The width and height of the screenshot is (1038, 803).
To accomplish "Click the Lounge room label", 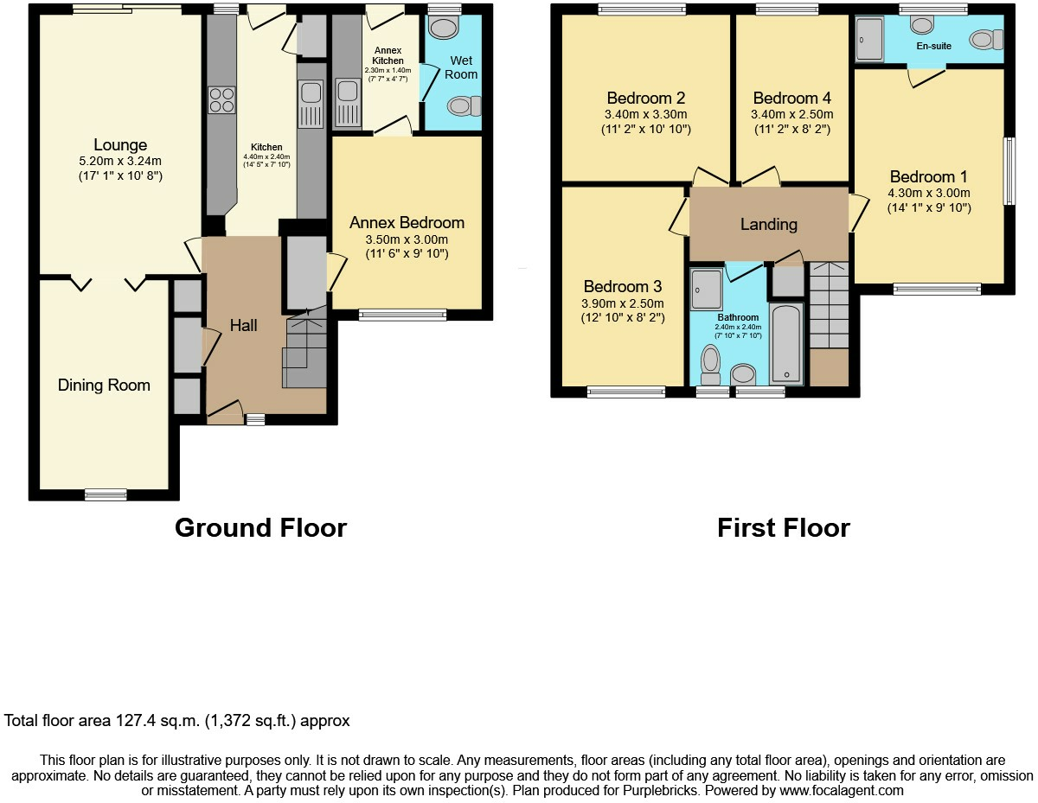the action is point(120,144).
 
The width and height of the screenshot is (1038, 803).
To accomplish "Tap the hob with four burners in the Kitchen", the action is point(221,100).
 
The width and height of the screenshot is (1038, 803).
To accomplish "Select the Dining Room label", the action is point(104,385).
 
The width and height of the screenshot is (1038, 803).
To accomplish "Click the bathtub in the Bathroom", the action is point(785,344).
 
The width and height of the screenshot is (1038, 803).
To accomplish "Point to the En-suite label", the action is point(934,46).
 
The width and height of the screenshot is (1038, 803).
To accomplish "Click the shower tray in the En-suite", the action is point(869,39).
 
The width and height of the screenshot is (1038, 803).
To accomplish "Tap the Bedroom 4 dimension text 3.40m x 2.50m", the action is point(792,114).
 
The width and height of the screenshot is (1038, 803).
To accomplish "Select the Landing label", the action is point(769,224).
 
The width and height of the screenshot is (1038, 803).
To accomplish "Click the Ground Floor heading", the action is point(261,528).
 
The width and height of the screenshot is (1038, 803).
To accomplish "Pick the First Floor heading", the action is point(784,528).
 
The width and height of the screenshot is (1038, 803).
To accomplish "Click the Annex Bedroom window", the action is point(403,315).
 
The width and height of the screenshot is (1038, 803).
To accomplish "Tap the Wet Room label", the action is point(461,67).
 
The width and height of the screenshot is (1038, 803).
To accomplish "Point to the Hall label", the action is point(244,325).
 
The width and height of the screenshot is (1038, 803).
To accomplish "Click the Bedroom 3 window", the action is point(625,392).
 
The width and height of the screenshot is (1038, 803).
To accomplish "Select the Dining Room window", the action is point(106,494).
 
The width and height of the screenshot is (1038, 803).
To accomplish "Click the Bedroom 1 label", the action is point(929,176).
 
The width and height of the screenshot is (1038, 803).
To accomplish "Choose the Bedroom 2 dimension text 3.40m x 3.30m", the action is point(646,114).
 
